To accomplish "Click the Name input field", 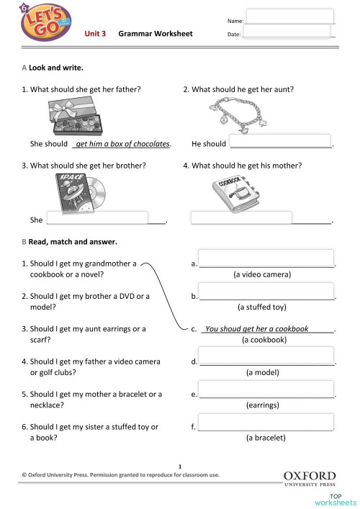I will (x=290, y=17).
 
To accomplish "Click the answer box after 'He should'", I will (x=279, y=142).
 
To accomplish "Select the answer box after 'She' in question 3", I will (x=96, y=218).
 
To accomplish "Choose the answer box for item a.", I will (x=266, y=258).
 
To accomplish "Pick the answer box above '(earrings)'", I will (x=266, y=389).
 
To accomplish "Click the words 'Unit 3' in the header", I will (x=96, y=34).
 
